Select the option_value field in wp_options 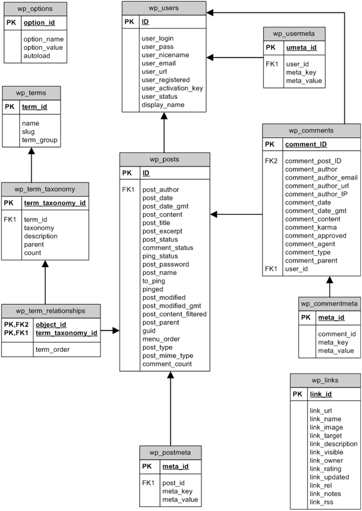click(x=43, y=47)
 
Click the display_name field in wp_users click(x=163, y=105)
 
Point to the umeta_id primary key click(x=299, y=48)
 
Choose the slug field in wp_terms click(x=28, y=132)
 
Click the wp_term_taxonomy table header click(x=45, y=189)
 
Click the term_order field click(x=53, y=349)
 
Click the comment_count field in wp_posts click(x=167, y=364)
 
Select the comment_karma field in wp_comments click(x=310, y=227)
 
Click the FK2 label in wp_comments click(x=271, y=161)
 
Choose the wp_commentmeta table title click(x=329, y=303)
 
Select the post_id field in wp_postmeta click(x=173, y=483)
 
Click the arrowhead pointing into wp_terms click(x=31, y=150)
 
